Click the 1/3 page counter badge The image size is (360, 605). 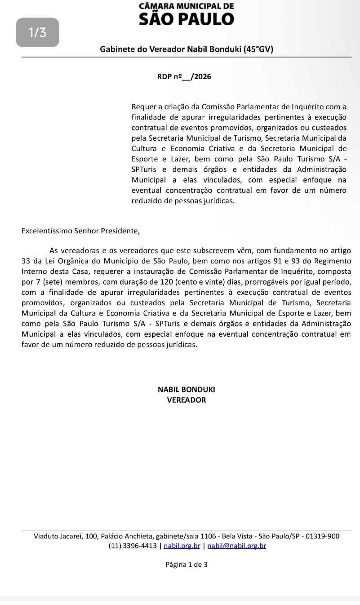[x=37, y=32]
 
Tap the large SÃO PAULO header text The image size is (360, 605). [x=187, y=19]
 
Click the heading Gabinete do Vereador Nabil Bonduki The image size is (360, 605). [x=186, y=49]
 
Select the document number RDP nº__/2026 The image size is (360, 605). [x=184, y=76]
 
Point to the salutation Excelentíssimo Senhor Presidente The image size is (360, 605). [x=80, y=231]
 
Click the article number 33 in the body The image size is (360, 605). [x=26, y=261]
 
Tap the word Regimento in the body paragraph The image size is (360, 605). [x=331, y=261]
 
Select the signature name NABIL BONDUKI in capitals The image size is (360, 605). [x=186, y=390]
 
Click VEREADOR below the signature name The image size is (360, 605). [x=186, y=400]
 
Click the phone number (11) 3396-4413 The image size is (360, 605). [x=133, y=546]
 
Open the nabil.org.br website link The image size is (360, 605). [x=182, y=546]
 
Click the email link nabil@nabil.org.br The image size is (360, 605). [x=236, y=546]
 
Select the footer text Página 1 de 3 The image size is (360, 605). [x=186, y=565]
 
